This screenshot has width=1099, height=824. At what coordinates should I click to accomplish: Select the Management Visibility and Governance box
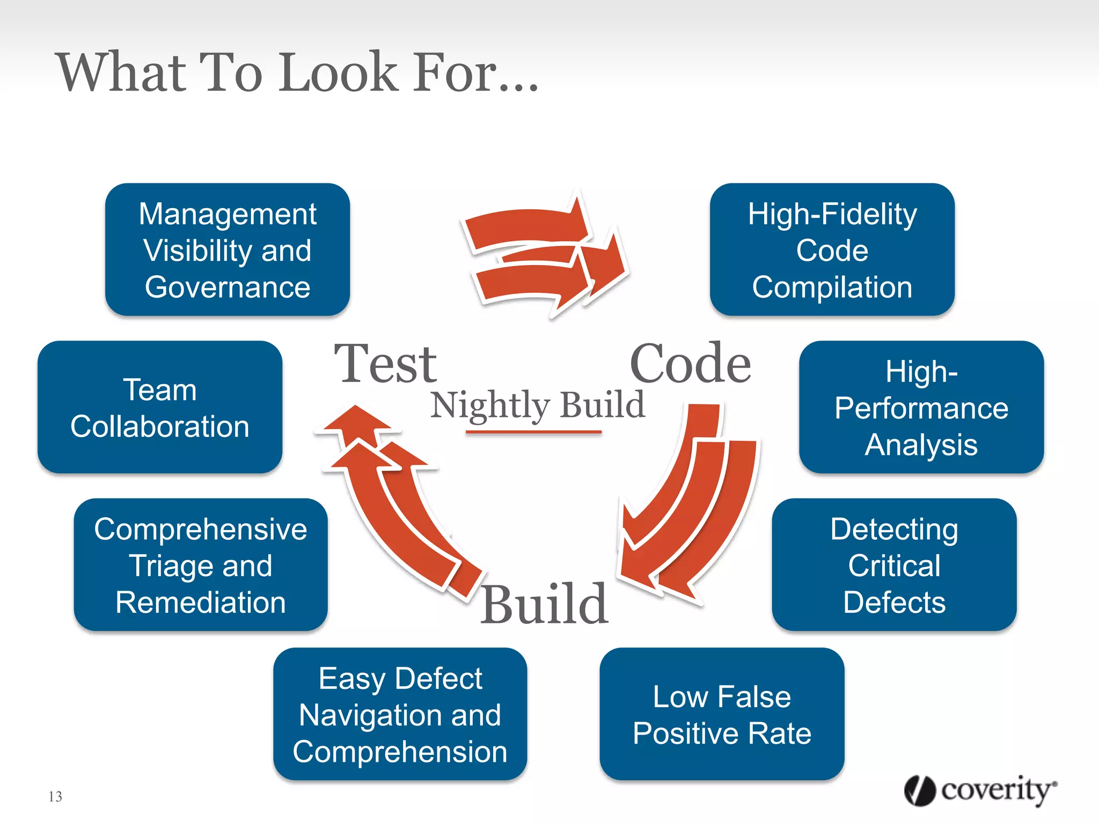coord(228,249)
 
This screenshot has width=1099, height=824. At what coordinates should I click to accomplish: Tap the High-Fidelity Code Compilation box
coord(832,249)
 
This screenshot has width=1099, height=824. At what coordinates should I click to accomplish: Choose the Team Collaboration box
coord(160,407)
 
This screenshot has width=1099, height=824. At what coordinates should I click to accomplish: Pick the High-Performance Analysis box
coord(921,407)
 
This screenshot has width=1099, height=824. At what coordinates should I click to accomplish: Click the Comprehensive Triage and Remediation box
coord(201,565)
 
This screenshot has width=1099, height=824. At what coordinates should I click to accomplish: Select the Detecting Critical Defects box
coord(894,565)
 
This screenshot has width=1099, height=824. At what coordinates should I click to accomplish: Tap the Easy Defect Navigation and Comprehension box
coord(400,714)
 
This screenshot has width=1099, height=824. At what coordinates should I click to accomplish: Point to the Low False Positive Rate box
coord(722,714)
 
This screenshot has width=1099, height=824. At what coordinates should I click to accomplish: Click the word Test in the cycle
coord(385,364)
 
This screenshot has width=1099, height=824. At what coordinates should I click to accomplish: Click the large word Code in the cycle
coord(690,364)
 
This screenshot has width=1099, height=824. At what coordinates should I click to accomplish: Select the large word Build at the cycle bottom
coord(544,605)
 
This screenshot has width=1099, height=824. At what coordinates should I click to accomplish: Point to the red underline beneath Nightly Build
coord(533,431)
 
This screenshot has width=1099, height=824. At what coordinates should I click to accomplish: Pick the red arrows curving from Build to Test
coord(392,499)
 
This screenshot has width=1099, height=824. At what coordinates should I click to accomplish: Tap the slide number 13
coord(55,797)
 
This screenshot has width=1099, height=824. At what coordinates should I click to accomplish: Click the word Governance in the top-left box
coord(228,287)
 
